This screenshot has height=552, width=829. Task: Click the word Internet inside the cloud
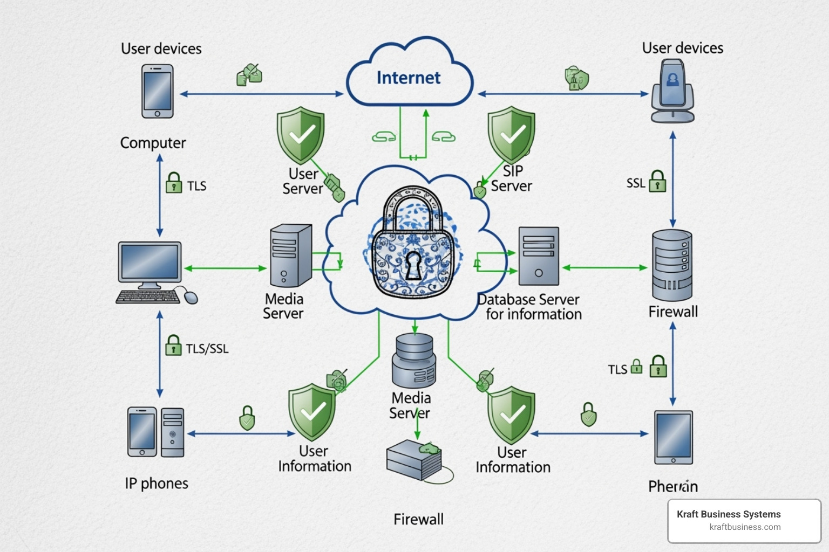pyautogui.click(x=409, y=78)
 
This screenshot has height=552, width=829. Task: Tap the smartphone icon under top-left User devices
pyautogui.click(x=157, y=91)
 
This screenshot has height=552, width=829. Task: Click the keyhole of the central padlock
pyautogui.click(x=413, y=265)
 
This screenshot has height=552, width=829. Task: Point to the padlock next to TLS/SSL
pyautogui.click(x=173, y=346)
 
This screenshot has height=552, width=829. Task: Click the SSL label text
pyautogui.click(x=636, y=183)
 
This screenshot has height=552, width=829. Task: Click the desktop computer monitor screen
pyautogui.click(x=150, y=261)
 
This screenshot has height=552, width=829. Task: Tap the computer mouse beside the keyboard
pyautogui.click(x=191, y=296)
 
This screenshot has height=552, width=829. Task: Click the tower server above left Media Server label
pyautogui.click(x=290, y=256)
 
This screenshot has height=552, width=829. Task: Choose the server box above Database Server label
pyautogui.click(x=538, y=256)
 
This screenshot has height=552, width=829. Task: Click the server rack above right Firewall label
pyautogui.click(x=672, y=265)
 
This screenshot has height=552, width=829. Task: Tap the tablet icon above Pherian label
pyautogui.click(x=673, y=437)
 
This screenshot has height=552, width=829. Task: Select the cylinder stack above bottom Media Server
pyautogui.click(x=413, y=360)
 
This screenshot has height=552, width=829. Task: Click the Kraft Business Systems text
pyautogui.click(x=728, y=514)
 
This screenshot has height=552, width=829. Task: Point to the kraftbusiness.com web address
pyautogui.click(x=745, y=527)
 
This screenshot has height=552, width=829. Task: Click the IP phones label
pyautogui.click(x=157, y=484)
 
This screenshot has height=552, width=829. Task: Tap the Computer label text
pyautogui.click(x=153, y=143)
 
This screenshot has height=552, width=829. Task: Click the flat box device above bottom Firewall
pyautogui.click(x=414, y=460)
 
